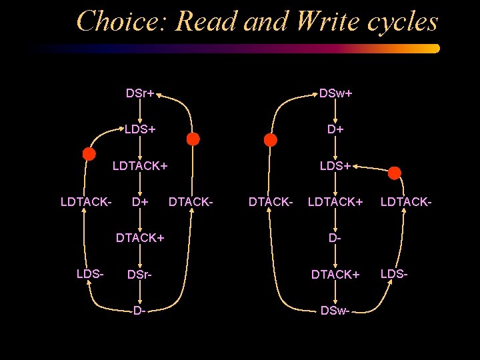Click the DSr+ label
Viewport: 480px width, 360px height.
tap(140, 93)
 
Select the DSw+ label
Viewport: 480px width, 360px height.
tap(335, 93)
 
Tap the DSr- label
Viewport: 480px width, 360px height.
tap(139, 274)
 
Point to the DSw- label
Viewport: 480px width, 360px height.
tap(335, 310)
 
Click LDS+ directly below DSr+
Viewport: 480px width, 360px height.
tap(140, 129)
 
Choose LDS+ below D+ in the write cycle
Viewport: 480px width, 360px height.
tap(335, 165)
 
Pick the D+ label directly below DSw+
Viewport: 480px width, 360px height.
tap(335, 129)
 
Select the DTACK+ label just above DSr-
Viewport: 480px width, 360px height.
tap(140, 237)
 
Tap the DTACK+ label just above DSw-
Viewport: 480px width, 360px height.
tap(335, 274)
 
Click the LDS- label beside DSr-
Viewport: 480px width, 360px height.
tap(89, 274)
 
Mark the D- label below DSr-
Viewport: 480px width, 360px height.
tap(139, 310)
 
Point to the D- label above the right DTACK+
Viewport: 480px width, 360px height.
tap(335, 237)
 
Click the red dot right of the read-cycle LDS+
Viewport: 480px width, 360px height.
tap(193, 139)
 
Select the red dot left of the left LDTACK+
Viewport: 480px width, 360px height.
tap(89, 154)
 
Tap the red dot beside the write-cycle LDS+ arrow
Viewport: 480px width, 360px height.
tap(395, 173)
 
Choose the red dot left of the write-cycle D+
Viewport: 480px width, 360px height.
tap(270, 140)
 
